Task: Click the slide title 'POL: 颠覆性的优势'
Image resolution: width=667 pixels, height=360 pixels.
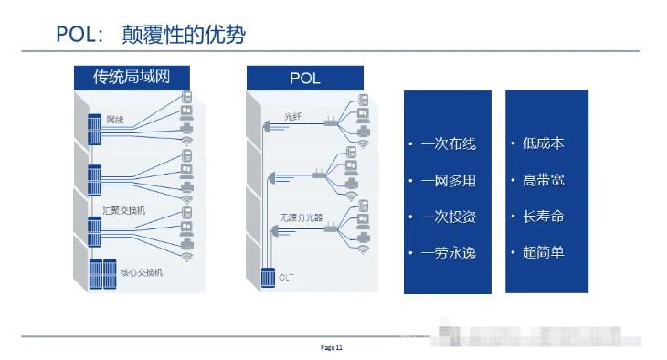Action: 151,36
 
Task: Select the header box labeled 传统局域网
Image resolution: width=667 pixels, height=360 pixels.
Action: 132,78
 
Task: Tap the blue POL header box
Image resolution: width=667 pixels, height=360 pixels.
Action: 304,78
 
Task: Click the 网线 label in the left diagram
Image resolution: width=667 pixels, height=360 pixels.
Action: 115,119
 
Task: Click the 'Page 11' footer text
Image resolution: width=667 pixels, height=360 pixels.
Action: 331,348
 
